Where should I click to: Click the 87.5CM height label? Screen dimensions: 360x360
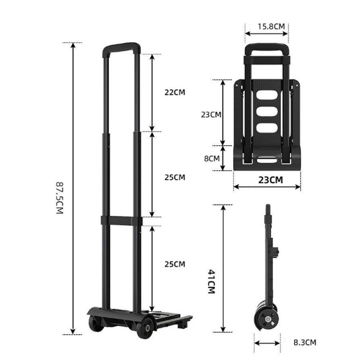pos(60,198)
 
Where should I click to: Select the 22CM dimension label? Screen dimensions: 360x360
pos(175,92)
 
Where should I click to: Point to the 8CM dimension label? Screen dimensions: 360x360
pos(212,158)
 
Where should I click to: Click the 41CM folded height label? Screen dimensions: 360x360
pos(211,282)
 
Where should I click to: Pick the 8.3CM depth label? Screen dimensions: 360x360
pos(305,342)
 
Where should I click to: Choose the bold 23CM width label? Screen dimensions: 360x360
pos(271,180)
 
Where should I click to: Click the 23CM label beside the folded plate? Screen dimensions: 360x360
pos(211,114)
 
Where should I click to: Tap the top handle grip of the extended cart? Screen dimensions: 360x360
pos(121,47)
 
